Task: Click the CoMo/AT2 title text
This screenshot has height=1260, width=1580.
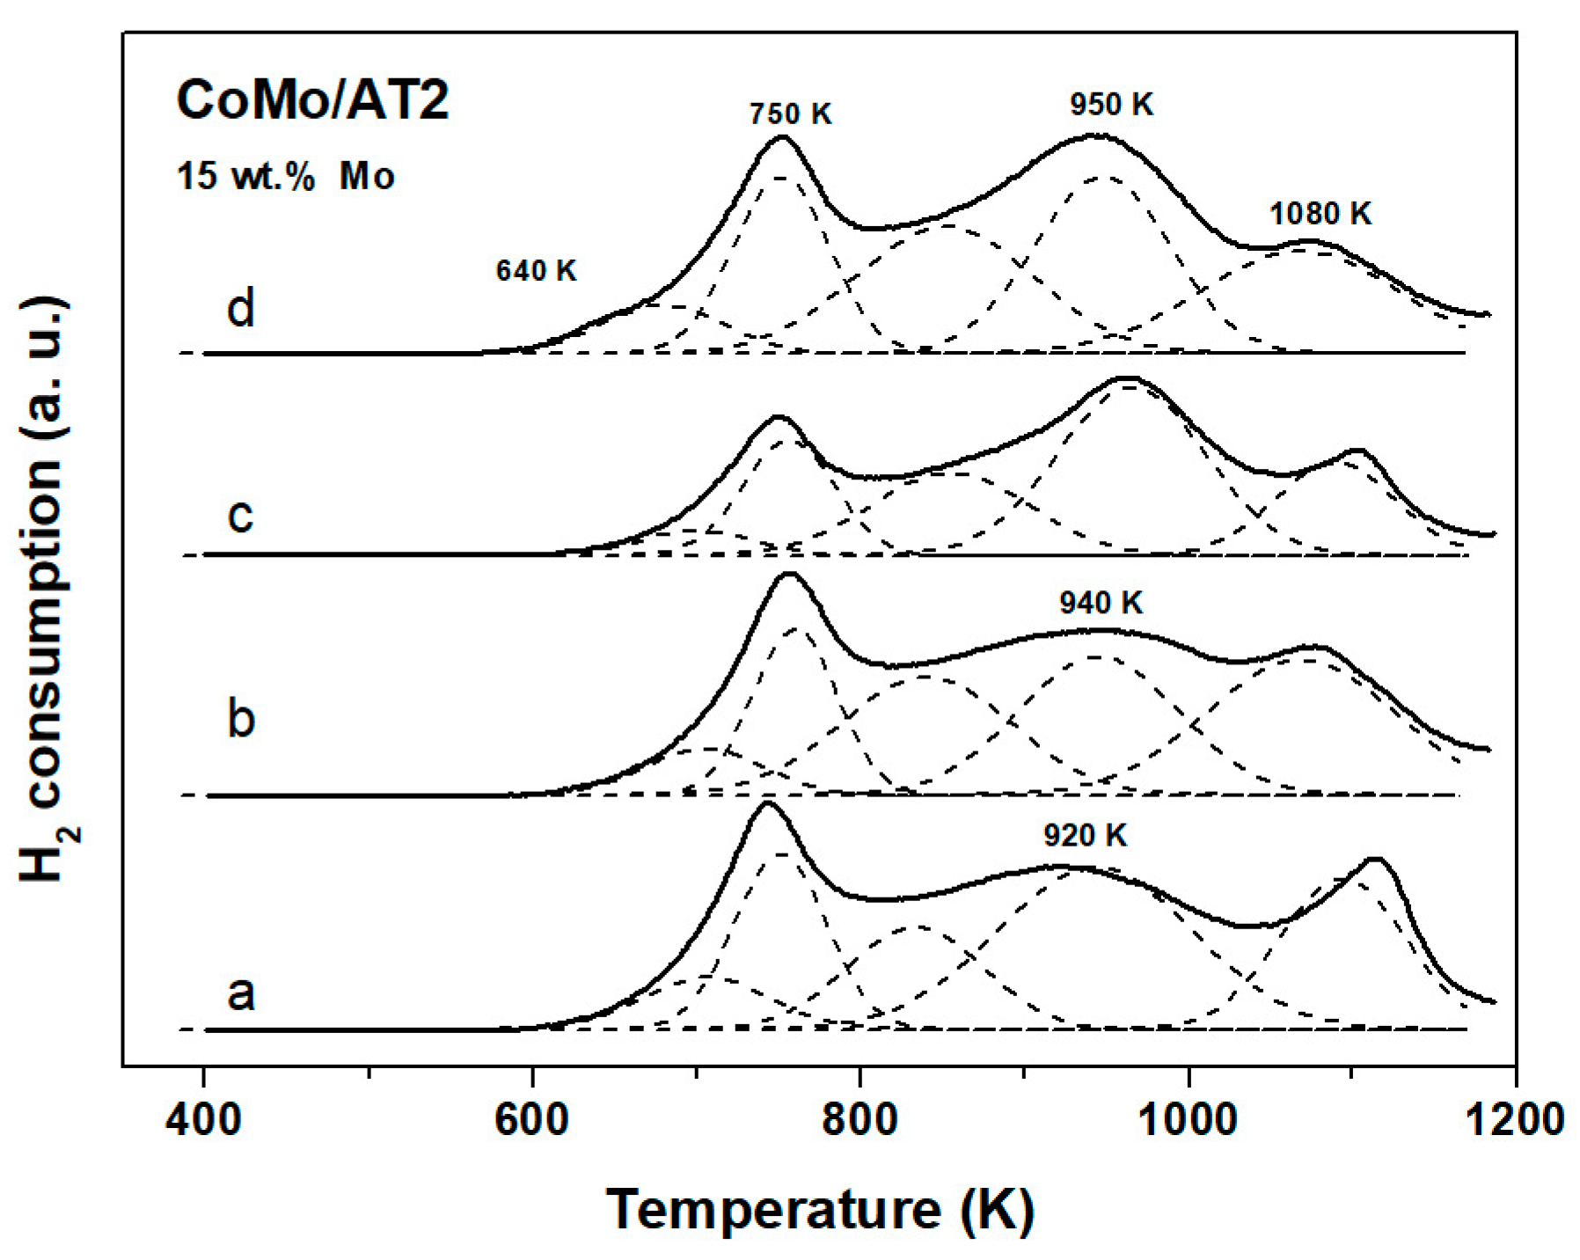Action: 312,99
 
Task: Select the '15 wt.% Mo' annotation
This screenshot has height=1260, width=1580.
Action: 285,176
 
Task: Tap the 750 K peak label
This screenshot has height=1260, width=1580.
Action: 790,114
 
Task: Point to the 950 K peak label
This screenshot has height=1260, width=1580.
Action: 1111,105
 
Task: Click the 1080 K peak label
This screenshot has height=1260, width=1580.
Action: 1320,214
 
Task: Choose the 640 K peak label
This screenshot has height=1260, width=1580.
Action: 536,271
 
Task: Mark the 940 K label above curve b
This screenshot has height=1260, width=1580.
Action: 1101,603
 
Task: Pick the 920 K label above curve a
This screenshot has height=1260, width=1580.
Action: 1085,835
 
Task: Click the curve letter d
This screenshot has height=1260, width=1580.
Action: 240,308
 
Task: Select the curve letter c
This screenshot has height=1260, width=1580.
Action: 240,515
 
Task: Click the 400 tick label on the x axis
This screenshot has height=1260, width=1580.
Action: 203,1120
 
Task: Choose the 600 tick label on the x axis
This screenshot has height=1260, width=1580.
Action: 531,1120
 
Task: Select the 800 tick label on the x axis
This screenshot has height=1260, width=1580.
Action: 859,1120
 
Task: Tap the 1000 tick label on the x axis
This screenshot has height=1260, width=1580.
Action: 1189,1120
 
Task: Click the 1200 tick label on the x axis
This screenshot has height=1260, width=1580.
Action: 1515,1120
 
